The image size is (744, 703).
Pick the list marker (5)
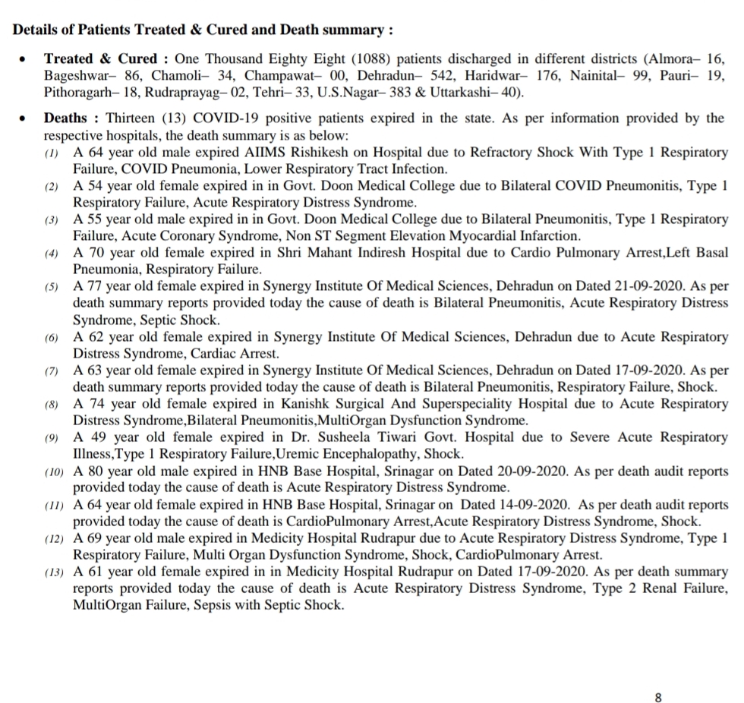click(52, 287)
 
